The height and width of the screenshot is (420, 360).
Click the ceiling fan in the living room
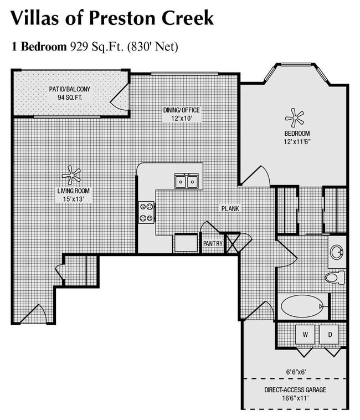[x=71, y=175]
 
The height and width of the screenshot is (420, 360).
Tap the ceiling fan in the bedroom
[x=294, y=117]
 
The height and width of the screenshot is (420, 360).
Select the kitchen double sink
[x=187, y=181]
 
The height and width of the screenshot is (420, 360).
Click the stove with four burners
[x=147, y=211]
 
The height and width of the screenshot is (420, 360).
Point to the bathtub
[x=302, y=306]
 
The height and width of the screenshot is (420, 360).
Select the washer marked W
[x=305, y=334]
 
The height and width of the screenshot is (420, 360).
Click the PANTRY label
[x=213, y=244]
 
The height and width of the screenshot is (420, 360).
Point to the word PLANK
[x=230, y=209]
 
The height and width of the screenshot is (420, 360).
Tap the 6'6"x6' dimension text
[x=296, y=372]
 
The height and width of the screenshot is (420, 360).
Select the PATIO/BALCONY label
[x=70, y=89]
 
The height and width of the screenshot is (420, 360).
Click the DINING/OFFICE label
[x=181, y=110]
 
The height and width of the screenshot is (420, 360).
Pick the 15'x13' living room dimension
[x=73, y=199]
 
